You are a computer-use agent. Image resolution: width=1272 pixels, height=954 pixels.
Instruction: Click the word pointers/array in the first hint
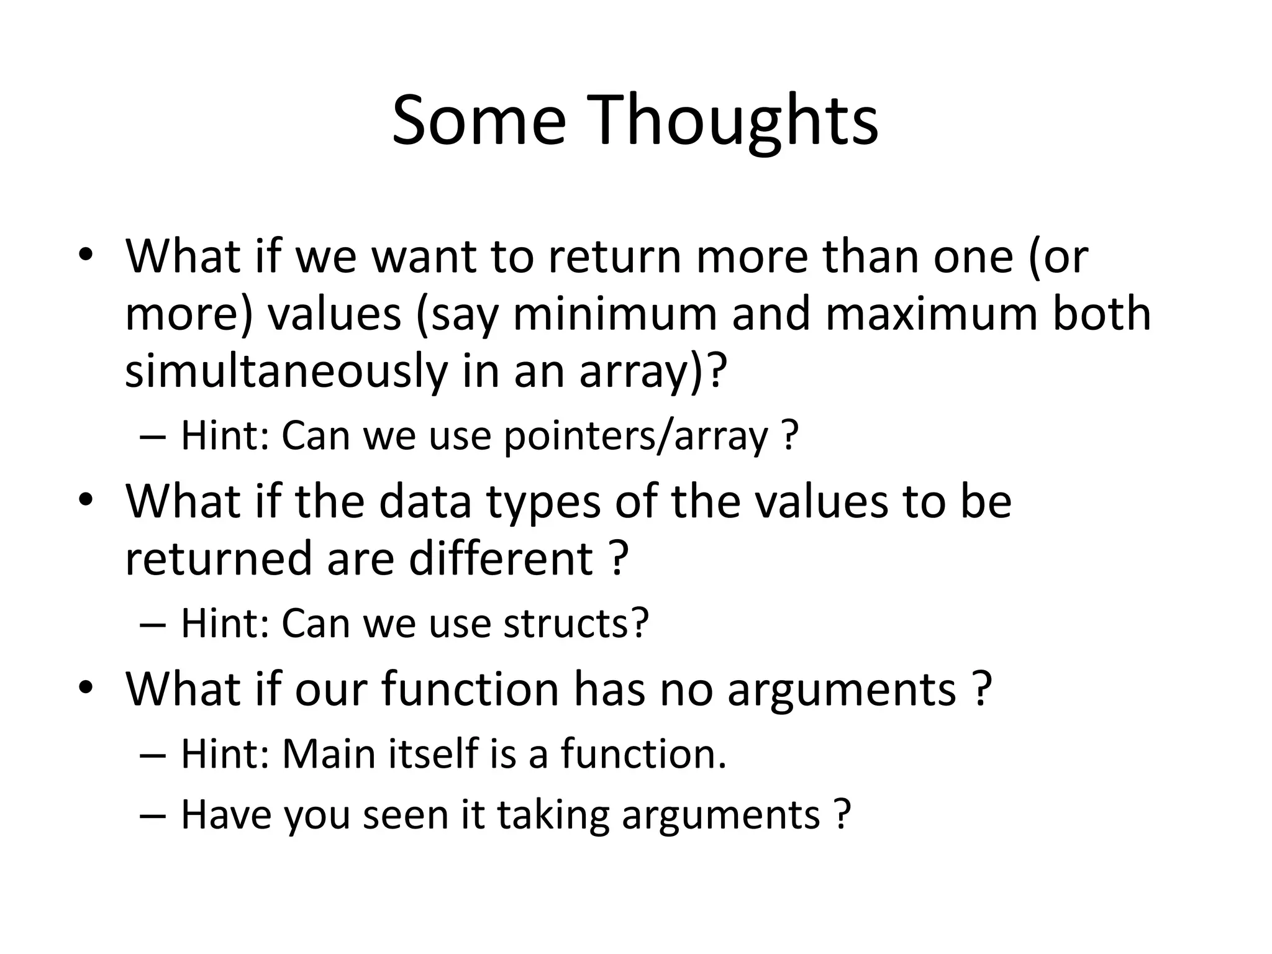pyautogui.click(x=636, y=436)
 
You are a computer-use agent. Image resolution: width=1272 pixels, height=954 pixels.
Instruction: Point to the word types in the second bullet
pyautogui.click(x=543, y=501)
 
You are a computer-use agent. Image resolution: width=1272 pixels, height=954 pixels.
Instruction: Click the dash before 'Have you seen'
pyautogui.click(x=153, y=815)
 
